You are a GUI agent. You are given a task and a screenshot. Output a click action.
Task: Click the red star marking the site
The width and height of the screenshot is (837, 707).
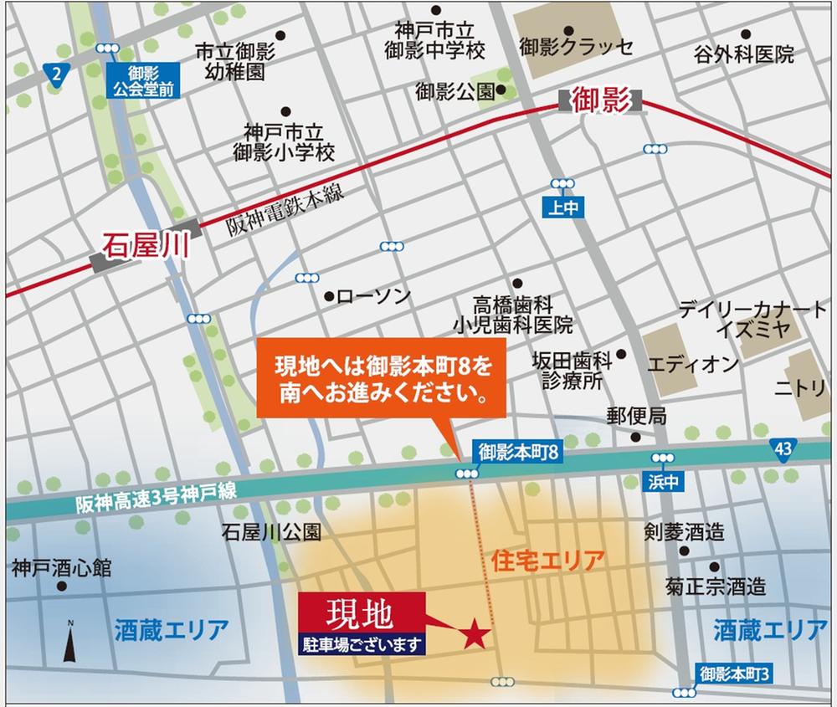(474, 633)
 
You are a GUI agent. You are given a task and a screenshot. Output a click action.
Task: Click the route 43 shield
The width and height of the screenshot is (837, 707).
(783, 450)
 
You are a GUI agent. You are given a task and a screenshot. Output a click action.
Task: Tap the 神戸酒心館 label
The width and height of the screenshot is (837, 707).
(61, 568)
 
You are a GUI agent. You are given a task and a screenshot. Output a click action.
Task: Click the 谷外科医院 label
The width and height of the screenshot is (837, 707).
(743, 55)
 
